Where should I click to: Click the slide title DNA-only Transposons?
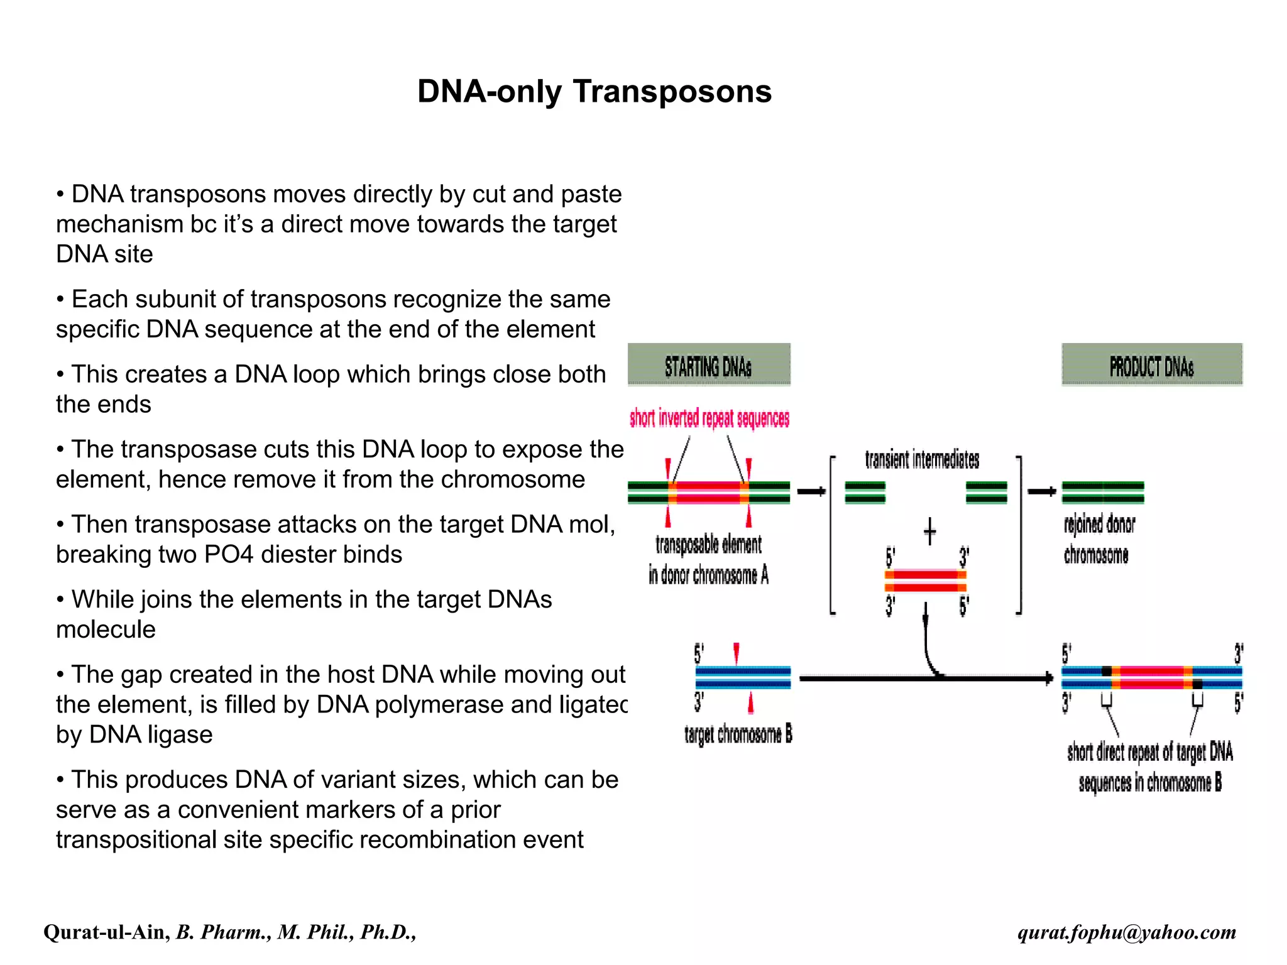pos(594,92)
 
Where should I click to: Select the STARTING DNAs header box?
pos(708,364)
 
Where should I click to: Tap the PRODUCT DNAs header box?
pos(1151,364)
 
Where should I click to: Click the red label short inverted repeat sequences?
pos(709,418)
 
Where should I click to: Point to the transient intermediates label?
pos(921,459)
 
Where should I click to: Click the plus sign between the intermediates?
pos(929,532)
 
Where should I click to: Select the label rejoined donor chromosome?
pos(1098,539)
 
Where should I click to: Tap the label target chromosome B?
pos(738,734)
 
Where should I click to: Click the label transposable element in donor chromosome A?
pos(708,559)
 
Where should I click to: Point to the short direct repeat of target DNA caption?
pos(1149,766)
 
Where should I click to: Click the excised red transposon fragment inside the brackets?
pos(925,581)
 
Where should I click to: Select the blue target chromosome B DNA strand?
pos(742,678)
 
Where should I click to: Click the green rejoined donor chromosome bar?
pos(1102,493)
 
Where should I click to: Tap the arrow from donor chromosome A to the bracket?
pos(811,491)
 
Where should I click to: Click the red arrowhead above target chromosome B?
pos(736,652)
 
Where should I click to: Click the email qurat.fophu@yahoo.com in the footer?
pos(1126,932)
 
